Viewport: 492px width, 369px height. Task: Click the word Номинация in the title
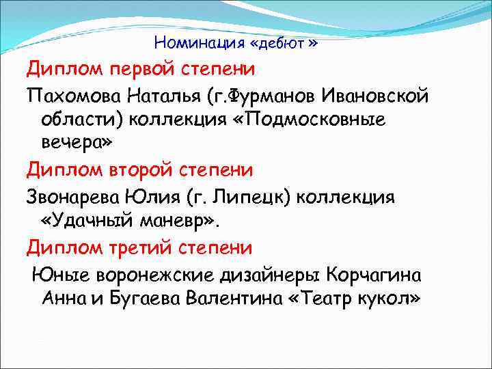click(x=199, y=43)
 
